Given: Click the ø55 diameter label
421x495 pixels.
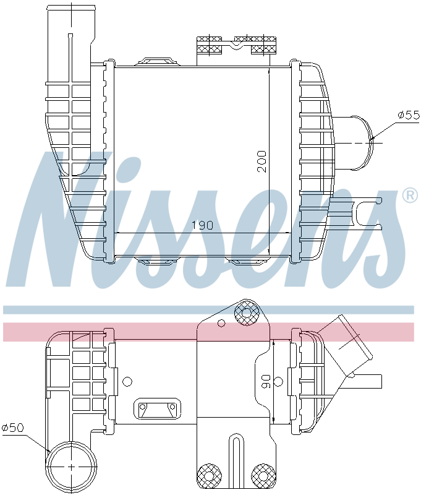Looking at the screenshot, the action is [x=409, y=115].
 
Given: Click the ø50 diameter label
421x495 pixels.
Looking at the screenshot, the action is [x=13, y=428].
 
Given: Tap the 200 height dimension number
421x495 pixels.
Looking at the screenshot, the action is [x=262, y=161].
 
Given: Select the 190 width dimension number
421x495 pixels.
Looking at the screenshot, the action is [x=202, y=225].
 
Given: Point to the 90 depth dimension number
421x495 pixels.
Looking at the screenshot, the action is [x=266, y=381].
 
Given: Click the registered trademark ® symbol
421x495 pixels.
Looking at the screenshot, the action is [x=410, y=196].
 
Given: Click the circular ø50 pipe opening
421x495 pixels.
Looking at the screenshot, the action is [x=71, y=467].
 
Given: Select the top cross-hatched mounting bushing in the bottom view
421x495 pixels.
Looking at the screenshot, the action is [x=247, y=312].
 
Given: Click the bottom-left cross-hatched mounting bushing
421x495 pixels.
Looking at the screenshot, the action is [x=209, y=476].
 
